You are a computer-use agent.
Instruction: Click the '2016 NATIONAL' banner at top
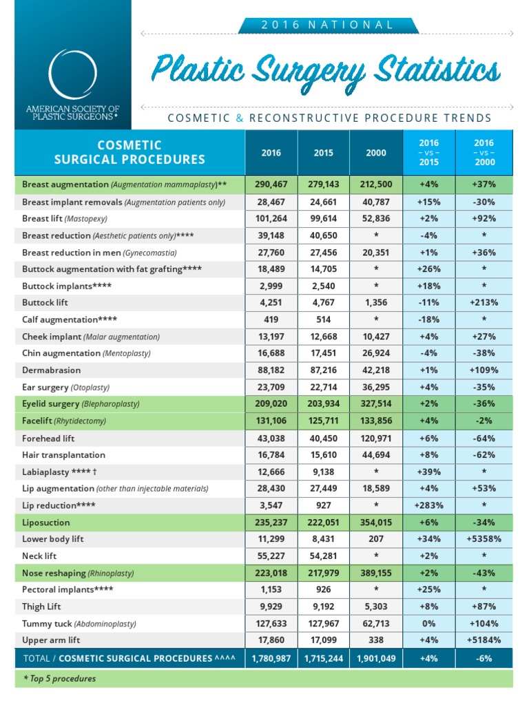[x=327, y=25]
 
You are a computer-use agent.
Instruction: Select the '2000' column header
[x=375, y=152]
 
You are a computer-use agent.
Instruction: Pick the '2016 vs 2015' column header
[x=428, y=152]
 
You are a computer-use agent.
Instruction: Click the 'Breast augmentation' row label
[x=65, y=185]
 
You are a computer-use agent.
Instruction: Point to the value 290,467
[x=271, y=185]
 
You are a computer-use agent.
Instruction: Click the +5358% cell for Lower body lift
[x=484, y=539]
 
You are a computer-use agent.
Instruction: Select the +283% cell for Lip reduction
[x=428, y=505]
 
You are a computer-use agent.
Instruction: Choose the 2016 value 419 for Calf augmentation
[x=271, y=319]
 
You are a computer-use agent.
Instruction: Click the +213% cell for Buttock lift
[x=484, y=302]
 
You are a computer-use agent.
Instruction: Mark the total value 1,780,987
[x=271, y=658]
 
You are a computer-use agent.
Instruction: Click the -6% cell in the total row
[x=484, y=658]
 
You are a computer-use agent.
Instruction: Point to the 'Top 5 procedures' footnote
[x=59, y=679]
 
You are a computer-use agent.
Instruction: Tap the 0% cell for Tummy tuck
[x=428, y=623]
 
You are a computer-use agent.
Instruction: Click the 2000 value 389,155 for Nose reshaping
[x=375, y=573]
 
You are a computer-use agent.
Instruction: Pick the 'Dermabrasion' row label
[x=49, y=370]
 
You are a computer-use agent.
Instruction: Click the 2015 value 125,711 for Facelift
[x=323, y=421]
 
